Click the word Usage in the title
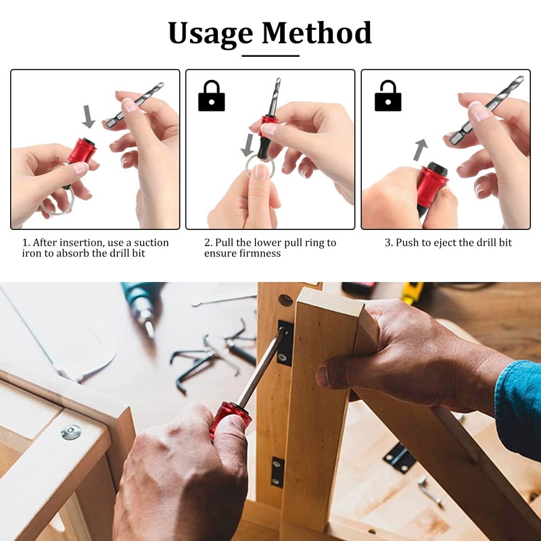coord(210,32)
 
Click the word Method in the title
coord(317,32)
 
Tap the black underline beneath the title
coord(270,55)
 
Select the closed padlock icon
coord(211,97)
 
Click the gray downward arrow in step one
coord(89,116)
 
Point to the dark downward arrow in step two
coord(248,144)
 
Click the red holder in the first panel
coord(81,152)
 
